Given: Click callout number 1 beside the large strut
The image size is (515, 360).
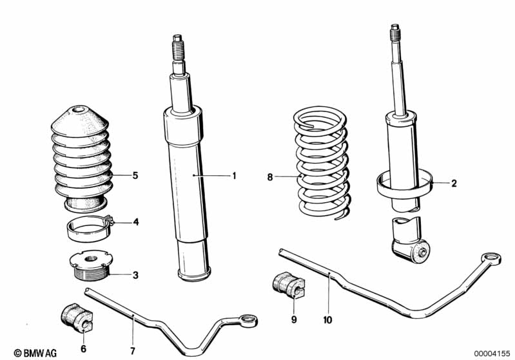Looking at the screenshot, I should point(235,175).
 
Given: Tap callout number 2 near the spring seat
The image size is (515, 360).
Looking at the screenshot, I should point(454,184).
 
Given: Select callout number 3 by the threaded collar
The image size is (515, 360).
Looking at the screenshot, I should point(135,276).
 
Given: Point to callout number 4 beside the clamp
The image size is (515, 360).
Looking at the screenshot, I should point(136,222).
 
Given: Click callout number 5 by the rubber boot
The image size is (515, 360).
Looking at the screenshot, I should point(135,175).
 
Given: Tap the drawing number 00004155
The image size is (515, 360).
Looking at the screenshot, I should point(492,352).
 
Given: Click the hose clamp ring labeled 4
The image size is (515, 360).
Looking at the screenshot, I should point(89,227).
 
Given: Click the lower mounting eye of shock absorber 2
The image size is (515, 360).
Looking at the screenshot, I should point(420,252).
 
